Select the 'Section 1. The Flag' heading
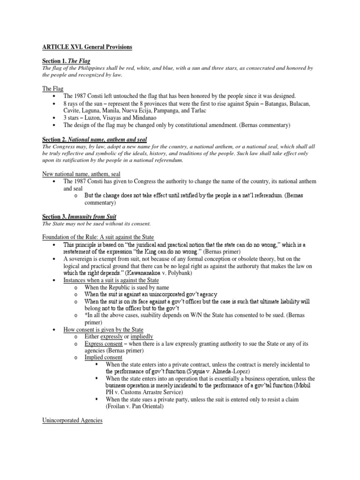click(66, 61)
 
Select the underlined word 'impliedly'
click(138, 337)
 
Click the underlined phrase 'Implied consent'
click(104, 357)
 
